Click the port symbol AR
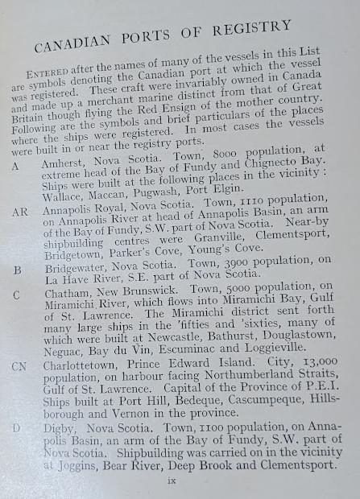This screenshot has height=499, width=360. point(20,212)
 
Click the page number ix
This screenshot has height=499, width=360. point(182,480)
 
